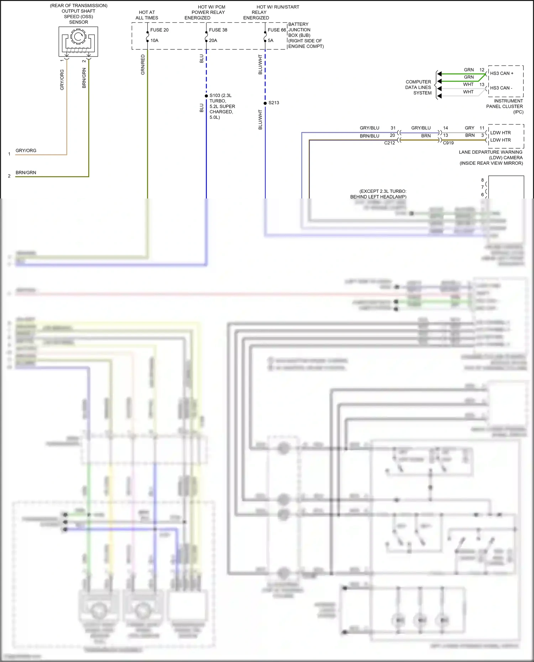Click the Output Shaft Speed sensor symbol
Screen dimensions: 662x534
click(x=78, y=41)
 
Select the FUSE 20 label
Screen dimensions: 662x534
click(x=159, y=30)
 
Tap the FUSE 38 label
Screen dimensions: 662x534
click(x=218, y=30)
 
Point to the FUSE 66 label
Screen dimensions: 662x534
click(x=277, y=30)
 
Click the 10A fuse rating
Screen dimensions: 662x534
click(x=154, y=41)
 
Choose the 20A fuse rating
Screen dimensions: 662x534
click(x=213, y=41)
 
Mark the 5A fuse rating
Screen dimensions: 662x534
click(x=271, y=41)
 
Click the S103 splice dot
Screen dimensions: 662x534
click(x=206, y=96)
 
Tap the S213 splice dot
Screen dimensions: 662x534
click(x=265, y=103)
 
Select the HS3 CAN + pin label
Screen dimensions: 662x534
click(x=502, y=73)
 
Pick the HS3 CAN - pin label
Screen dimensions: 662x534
click(x=501, y=88)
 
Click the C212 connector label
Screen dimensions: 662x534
click(x=389, y=143)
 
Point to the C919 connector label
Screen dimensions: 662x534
click(x=448, y=143)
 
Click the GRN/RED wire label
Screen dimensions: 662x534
click(x=143, y=65)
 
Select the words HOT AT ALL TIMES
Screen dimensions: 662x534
click(x=147, y=15)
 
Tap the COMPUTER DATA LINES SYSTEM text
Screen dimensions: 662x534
click(x=418, y=88)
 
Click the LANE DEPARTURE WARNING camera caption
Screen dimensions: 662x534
click(x=491, y=158)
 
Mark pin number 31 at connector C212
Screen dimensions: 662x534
click(x=393, y=128)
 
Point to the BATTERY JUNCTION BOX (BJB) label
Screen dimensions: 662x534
click(x=305, y=35)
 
